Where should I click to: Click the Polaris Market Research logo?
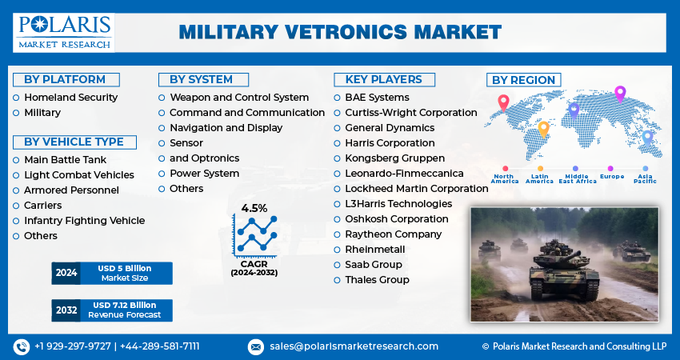[63, 32]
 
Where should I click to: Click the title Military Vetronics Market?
[340, 32]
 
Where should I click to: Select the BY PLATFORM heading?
[65, 79]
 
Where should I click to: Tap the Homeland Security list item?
[70, 97]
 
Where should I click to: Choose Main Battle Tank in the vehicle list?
[65, 160]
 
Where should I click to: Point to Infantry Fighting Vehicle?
[84, 221]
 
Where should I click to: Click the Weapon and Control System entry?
[238, 98]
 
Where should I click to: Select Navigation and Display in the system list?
[226, 128]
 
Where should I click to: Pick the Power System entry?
[204, 174]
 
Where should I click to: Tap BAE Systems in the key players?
[377, 98]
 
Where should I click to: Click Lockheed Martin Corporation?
[416, 189]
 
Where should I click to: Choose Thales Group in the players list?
[377, 280]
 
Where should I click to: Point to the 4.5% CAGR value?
[254, 208]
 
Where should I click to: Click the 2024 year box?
[66, 273]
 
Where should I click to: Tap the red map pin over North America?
[502, 102]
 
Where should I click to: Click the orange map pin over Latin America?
[543, 128]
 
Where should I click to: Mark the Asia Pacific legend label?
[645, 178]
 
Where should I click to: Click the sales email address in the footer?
[354, 346]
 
